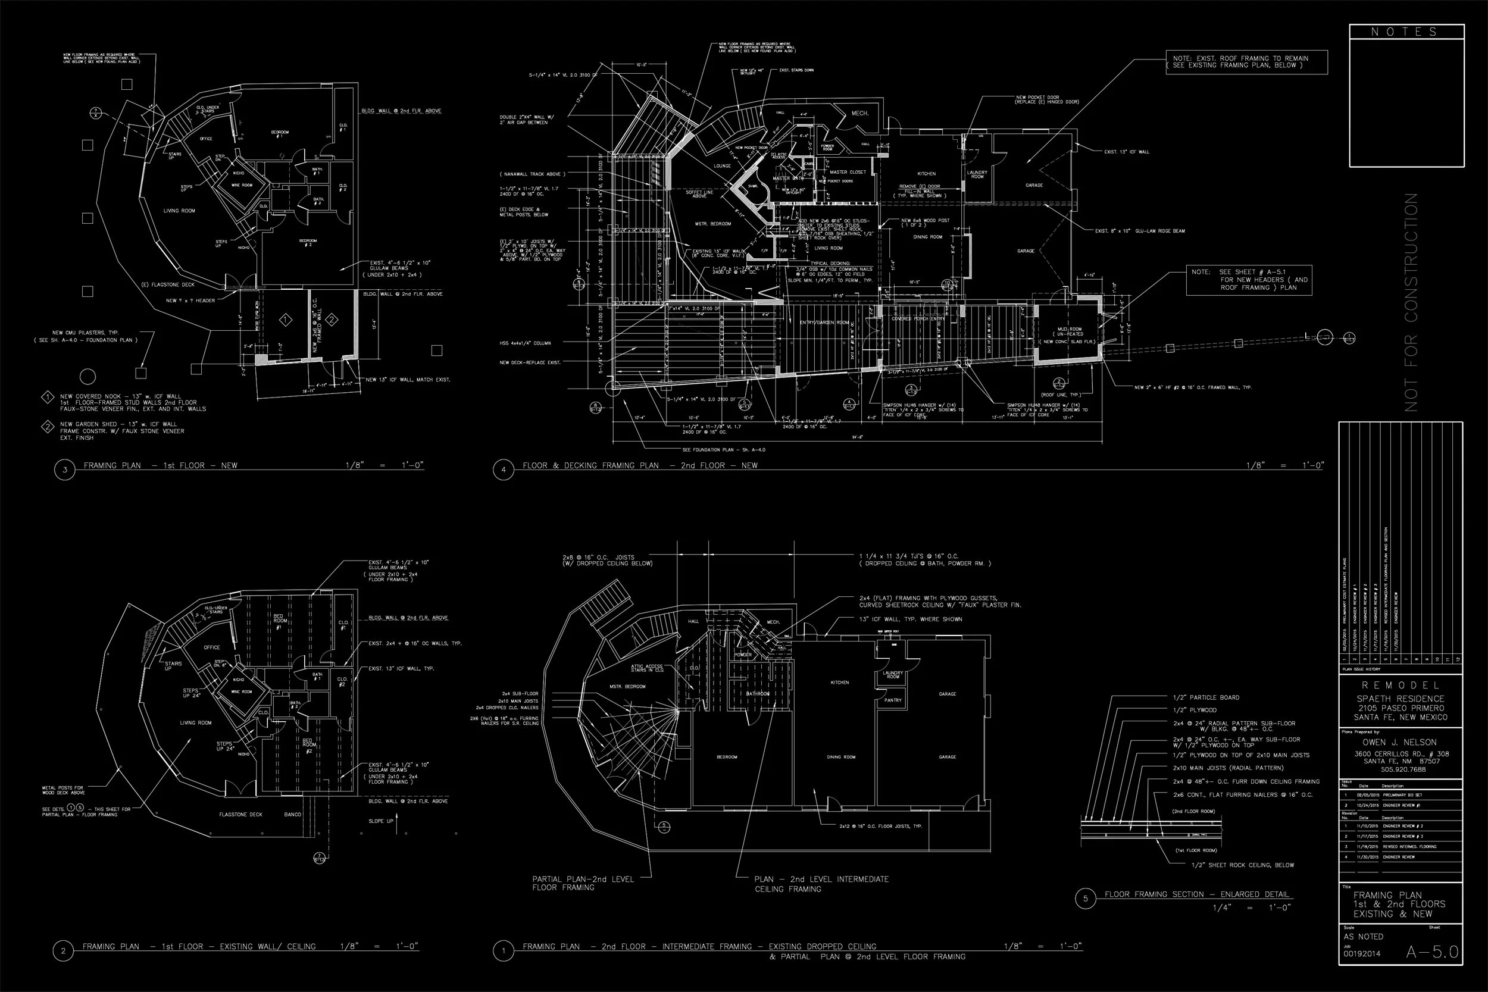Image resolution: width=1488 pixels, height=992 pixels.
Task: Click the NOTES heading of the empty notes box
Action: coord(1406,32)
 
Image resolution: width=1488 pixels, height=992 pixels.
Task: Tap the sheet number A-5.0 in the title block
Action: coord(1432,952)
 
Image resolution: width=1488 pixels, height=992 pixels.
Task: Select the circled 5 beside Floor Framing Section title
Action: coord(1086,899)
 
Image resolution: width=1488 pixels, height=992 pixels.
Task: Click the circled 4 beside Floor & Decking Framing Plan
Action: coord(504,470)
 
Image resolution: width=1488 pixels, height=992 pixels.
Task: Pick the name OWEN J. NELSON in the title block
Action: coord(1399,742)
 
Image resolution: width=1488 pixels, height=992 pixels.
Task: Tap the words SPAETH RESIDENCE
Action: coord(1400,699)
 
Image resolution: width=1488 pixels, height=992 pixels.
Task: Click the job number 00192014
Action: coord(1362,954)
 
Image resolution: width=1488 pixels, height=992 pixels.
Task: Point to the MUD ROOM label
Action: coord(1070,330)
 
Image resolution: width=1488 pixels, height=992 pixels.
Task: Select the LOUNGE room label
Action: coord(722,167)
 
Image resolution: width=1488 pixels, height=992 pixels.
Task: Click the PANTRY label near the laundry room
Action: coord(893,700)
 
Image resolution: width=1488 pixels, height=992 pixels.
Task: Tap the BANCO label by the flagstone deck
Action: coord(292,815)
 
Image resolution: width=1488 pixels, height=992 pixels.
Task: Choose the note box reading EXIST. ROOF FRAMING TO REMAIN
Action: coord(1246,62)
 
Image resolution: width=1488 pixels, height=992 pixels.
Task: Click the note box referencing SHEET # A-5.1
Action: coord(1249,280)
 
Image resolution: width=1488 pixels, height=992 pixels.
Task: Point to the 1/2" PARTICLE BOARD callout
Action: coord(1206,698)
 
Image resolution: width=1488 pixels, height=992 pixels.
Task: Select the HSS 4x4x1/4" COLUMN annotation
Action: coord(525,343)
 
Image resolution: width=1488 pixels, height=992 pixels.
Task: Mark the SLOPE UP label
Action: coord(380,821)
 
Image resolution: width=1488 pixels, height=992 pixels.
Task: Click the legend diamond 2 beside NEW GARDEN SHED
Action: coord(48,427)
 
